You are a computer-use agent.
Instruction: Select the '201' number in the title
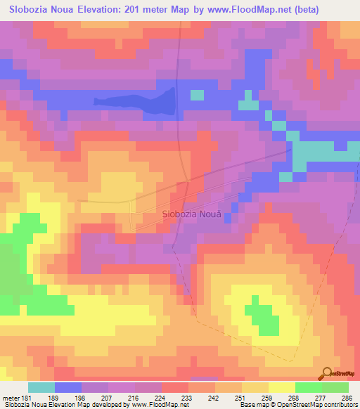tap(122, 9)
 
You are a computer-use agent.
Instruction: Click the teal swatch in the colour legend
tap(41, 387)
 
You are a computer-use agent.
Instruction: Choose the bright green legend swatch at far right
tap(335, 387)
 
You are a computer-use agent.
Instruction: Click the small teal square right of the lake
tap(198, 95)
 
